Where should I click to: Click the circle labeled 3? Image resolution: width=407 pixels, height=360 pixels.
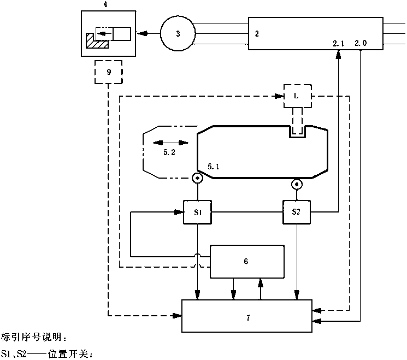point(178,34)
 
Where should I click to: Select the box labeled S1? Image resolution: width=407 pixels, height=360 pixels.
point(197,211)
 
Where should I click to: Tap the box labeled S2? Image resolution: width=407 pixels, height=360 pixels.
point(297,211)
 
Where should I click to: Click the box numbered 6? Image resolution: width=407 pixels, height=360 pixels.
point(247,262)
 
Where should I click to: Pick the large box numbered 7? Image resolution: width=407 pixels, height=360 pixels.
point(247,316)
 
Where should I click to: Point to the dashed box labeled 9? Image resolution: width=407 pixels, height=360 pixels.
point(109,72)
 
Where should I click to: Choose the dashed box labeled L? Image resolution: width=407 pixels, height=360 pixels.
point(296,96)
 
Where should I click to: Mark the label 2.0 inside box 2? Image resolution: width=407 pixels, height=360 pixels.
point(361,42)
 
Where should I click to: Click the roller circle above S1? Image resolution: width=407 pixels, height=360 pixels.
point(196,178)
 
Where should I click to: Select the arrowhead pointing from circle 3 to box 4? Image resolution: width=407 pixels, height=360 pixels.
point(141,34)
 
